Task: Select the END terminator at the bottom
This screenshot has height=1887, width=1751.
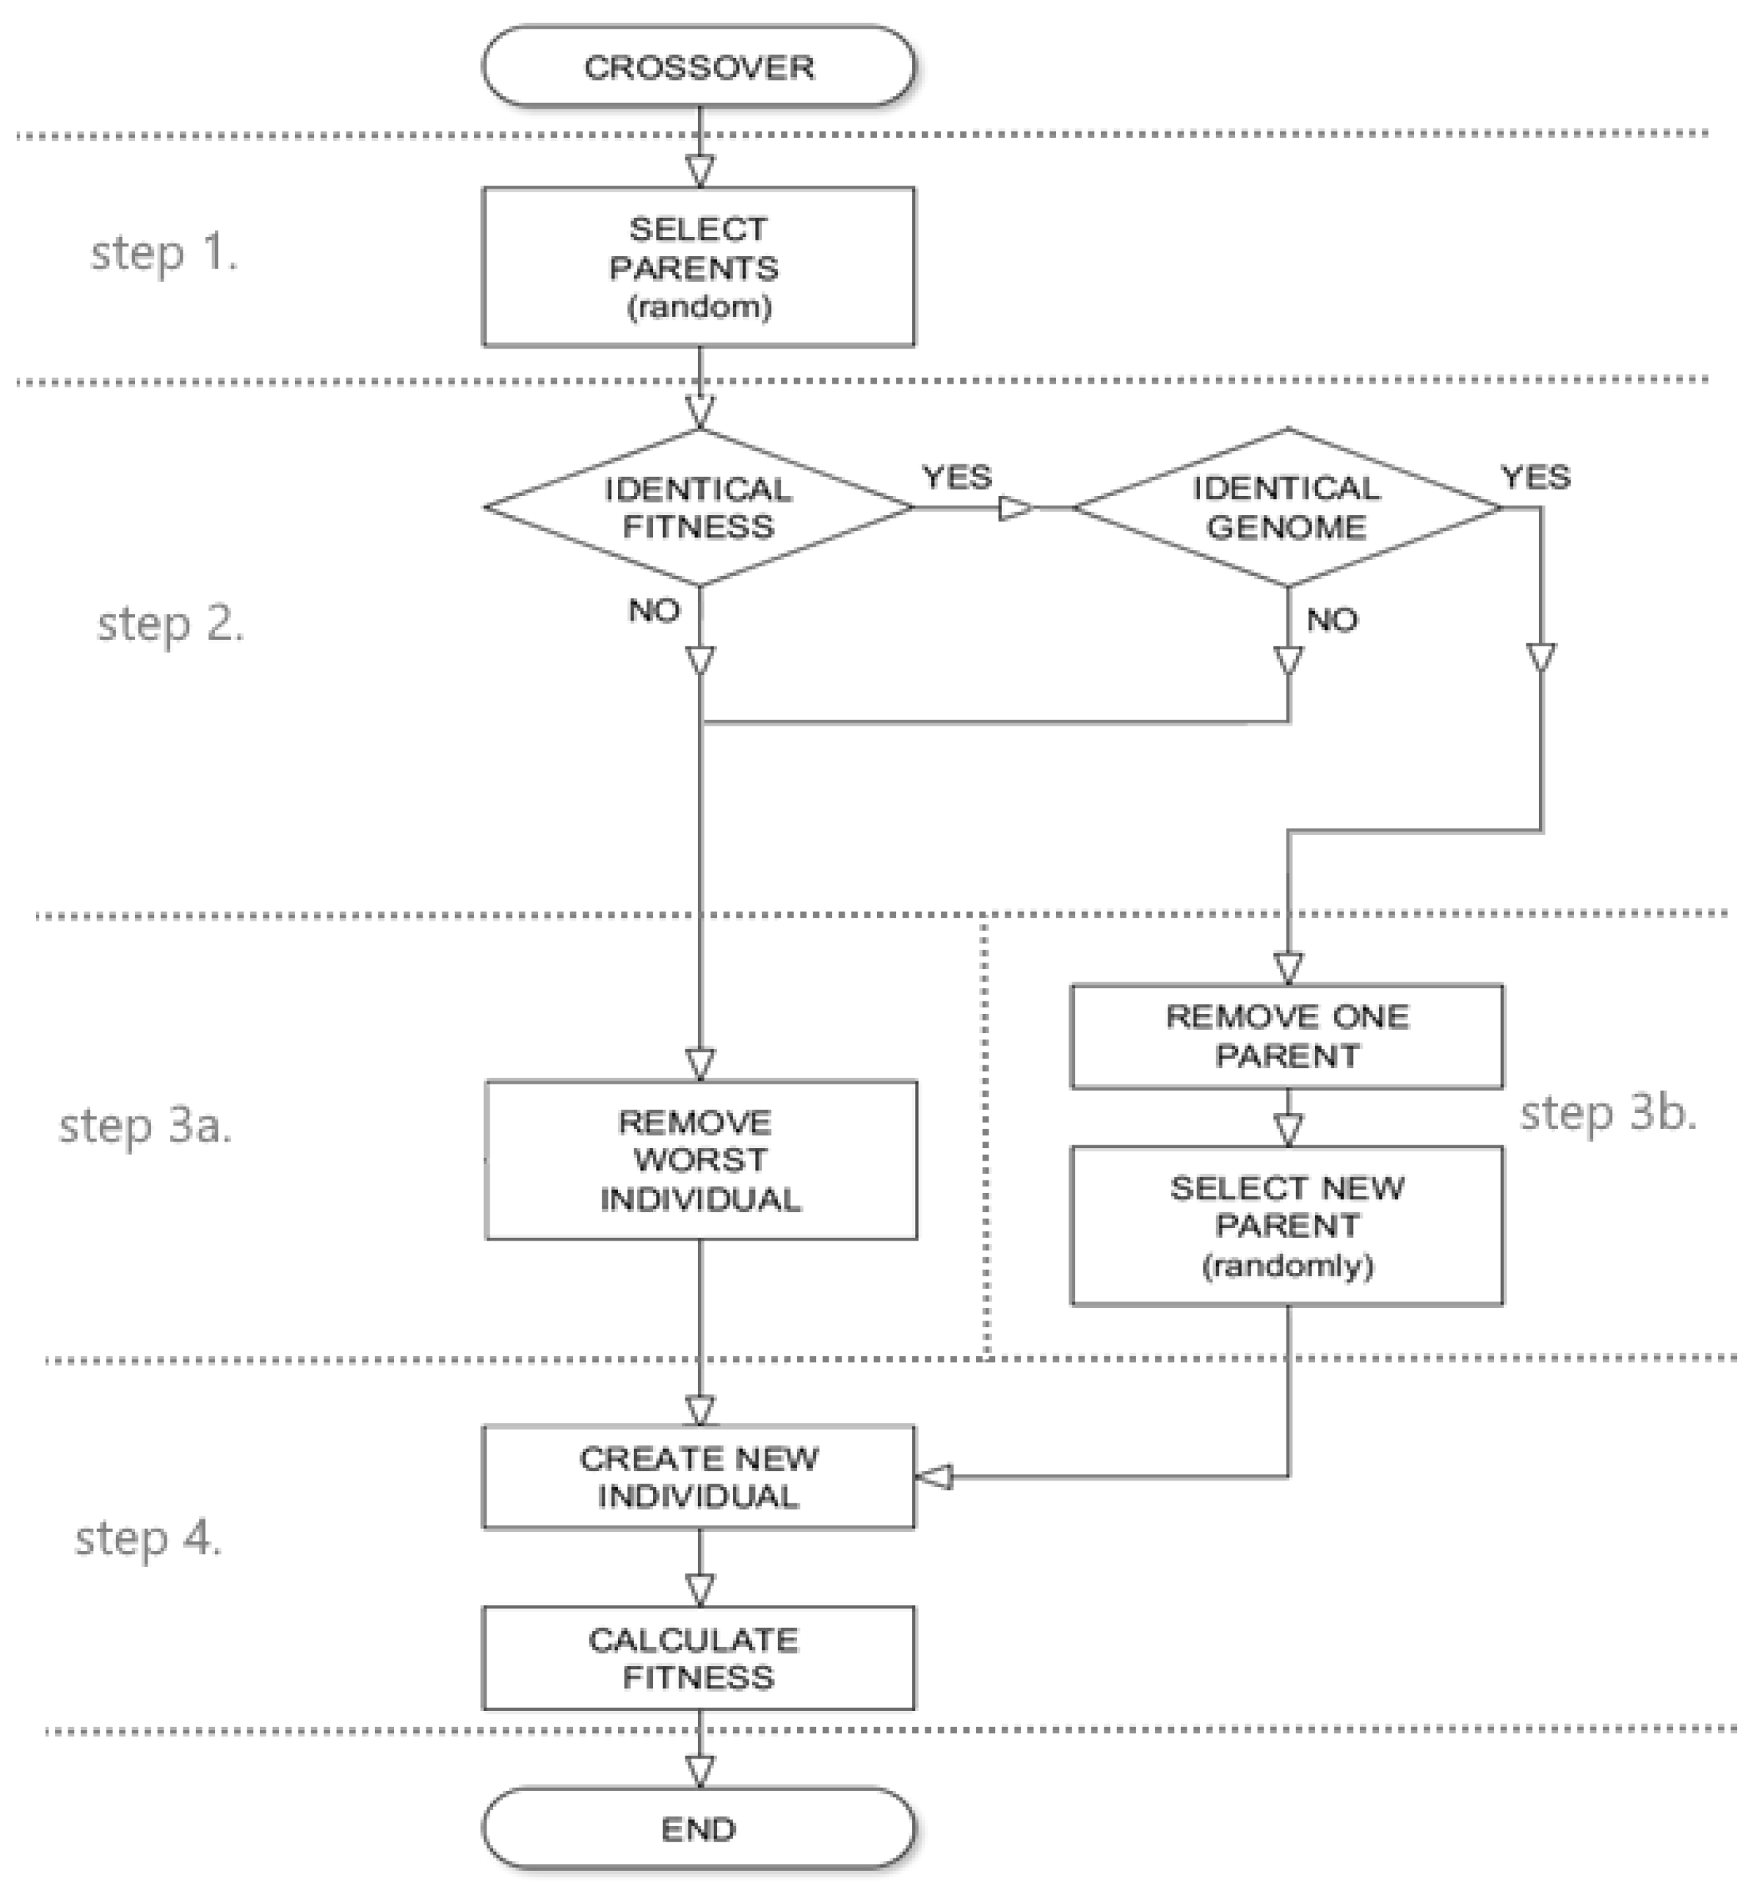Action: [x=699, y=1828]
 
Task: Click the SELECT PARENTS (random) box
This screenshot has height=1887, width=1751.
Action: [x=699, y=267]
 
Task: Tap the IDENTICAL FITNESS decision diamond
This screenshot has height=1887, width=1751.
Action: [x=699, y=508]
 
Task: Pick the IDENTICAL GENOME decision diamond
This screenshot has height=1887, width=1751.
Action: [x=1286, y=508]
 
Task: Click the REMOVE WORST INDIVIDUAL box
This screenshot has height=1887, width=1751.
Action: [x=700, y=1161]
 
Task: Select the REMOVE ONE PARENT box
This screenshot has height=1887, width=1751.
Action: [x=1286, y=1037]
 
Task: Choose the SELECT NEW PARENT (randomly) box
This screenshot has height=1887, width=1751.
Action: [x=1286, y=1226]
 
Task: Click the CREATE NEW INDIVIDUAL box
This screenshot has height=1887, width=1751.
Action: [x=699, y=1477]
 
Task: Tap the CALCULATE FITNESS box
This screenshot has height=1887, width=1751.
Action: [x=699, y=1658]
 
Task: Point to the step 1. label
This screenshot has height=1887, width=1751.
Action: [x=164, y=254]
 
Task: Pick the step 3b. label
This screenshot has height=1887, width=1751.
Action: [x=1608, y=1114]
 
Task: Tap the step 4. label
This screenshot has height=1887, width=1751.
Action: [x=148, y=1539]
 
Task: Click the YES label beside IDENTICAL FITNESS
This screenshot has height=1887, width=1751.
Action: [x=957, y=478]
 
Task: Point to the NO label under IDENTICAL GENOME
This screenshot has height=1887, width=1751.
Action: [x=1331, y=621]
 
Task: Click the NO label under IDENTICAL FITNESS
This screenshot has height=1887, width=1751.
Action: [x=654, y=611]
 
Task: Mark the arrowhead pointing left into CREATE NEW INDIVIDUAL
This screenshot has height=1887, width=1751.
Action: [x=934, y=1477]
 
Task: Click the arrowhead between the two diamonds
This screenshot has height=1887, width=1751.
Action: [x=1016, y=508]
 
